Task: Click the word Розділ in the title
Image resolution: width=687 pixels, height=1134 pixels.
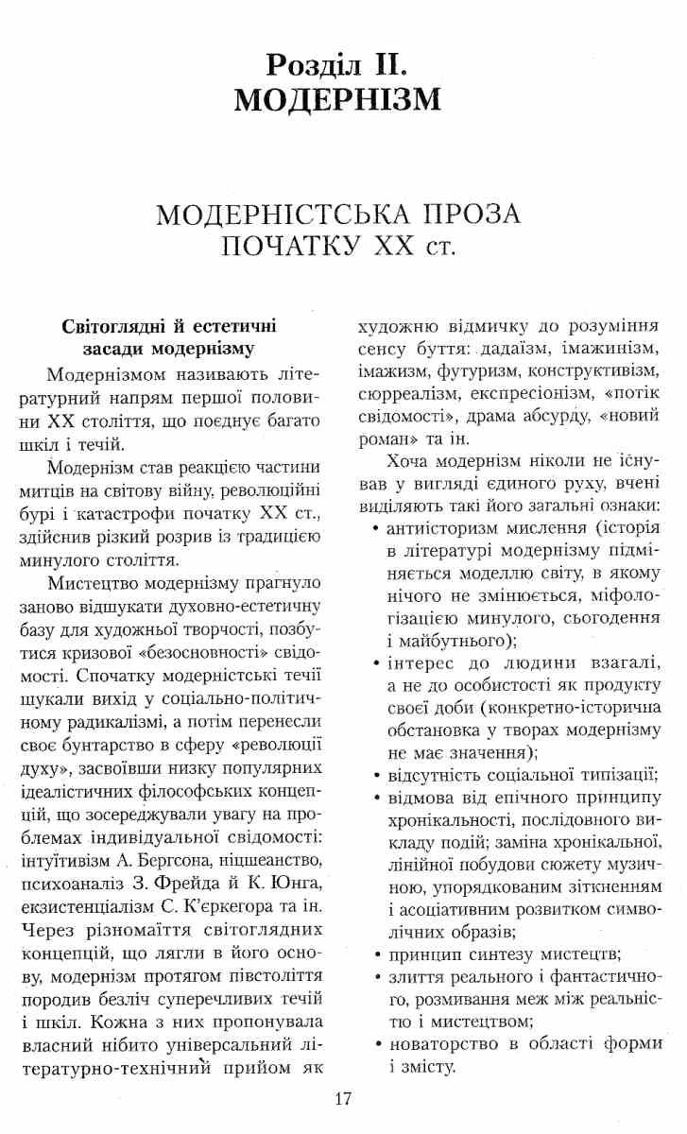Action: (x=317, y=65)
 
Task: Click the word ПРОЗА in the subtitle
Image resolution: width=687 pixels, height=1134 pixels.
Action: (x=467, y=215)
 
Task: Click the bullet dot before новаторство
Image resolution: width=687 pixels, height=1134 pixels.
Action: (x=377, y=1045)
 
